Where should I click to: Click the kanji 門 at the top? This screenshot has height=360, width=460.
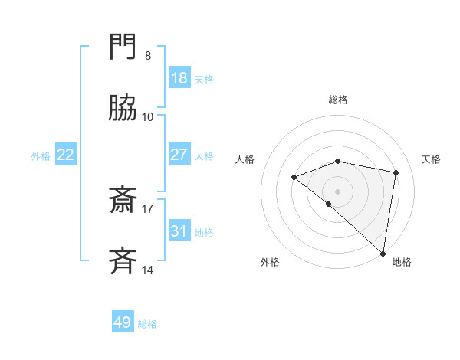[x=123, y=47]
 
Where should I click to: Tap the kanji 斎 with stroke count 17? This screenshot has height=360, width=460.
[x=123, y=201]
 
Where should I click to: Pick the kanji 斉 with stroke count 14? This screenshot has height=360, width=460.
[x=123, y=261]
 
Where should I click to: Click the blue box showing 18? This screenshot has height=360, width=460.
[x=179, y=78]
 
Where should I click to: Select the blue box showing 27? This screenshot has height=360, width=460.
[x=179, y=155]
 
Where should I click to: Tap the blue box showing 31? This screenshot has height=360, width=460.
[x=179, y=231]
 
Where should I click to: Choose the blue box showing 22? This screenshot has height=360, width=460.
[x=66, y=155]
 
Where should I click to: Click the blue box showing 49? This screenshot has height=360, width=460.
[x=123, y=322]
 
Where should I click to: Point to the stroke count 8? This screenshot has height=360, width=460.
[x=148, y=56]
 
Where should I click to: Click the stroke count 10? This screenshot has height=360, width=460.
[x=148, y=117]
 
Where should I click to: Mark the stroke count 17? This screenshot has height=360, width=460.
[x=148, y=208]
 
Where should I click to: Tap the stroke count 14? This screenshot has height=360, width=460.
[x=148, y=270]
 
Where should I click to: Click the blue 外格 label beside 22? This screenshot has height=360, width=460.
[x=41, y=155]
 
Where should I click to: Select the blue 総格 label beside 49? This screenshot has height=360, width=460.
[x=147, y=323]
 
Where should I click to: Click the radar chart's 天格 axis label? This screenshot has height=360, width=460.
[x=431, y=159]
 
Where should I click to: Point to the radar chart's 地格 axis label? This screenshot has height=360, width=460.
[x=402, y=262]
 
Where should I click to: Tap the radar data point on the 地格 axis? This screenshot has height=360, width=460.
[x=383, y=253]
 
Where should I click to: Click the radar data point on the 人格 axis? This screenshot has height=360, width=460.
[x=294, y=178]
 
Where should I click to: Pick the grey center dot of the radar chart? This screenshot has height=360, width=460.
[x=337, y=191]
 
